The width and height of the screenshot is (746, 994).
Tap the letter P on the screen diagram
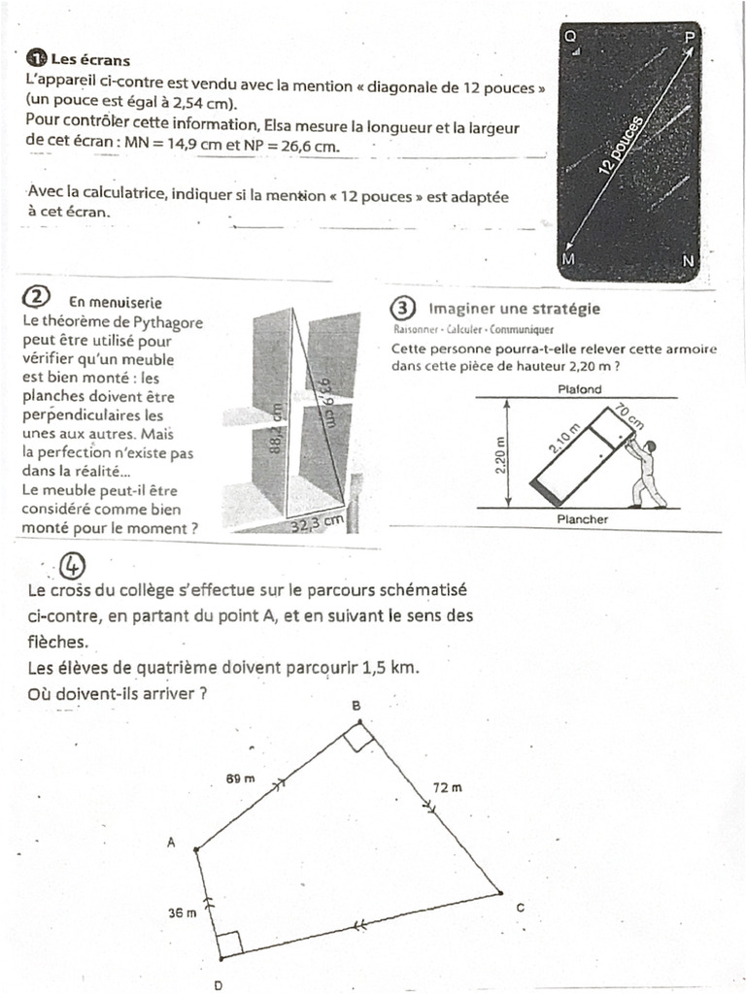pyautogui.click(x=690, y=36)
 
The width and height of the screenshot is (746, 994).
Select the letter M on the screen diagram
pyautogui.click(x=569, y=260)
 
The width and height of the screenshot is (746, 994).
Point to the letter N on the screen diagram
pyautogui.click(x=688, y=260)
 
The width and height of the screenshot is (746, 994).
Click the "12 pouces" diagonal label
pyautogui.click(x=622, y=146)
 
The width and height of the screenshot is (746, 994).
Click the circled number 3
pyautogui.click(x=402, y=309)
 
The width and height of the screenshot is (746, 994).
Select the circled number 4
pyautogui.click(x=73, y=565)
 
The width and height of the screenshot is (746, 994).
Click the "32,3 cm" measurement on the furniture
pyautogui.click(x=320, y=524)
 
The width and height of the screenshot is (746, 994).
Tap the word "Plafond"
pyautogui.click(x=581, y=389)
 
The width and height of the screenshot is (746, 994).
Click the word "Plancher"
pyautogui.click(x=582, y=519)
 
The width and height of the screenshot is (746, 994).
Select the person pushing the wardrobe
pyautogui.click(x=645, y=473)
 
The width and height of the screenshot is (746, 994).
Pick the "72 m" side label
pyautogui.click(x=447, y=787)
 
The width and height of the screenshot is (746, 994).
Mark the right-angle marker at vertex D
pyautogui.click(x=229, y=943)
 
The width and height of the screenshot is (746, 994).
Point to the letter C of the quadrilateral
pyautogui.click(x=520, y=907)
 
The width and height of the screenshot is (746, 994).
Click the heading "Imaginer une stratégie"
pyautogui.click(x=514, y=309)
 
